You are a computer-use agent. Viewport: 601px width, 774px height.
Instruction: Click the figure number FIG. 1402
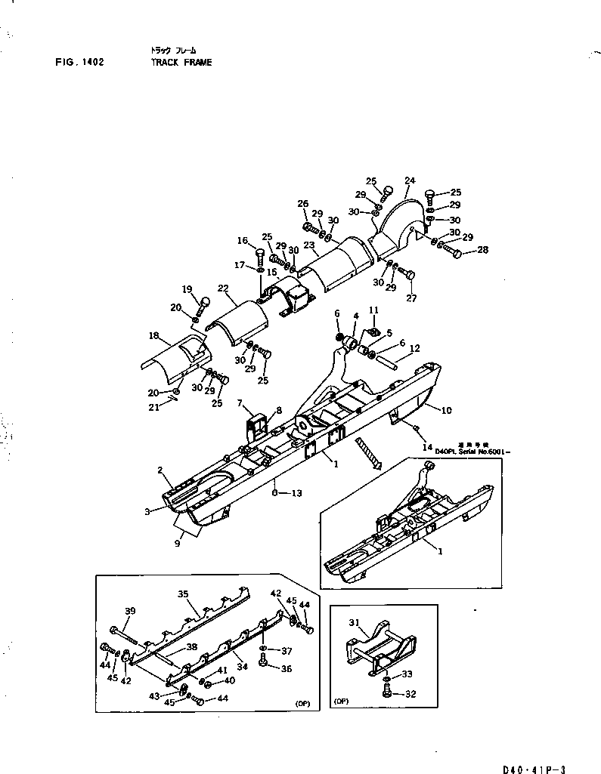(79, 63)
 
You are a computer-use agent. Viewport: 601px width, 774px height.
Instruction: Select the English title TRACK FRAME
(181, 63)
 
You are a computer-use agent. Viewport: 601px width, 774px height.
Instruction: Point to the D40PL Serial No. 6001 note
(472, 451)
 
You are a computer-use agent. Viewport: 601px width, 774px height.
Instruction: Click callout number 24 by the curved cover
(410, 180)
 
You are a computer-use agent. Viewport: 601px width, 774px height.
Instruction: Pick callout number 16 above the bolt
(243, 241)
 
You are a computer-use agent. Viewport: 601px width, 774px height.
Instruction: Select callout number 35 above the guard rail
(183, 594)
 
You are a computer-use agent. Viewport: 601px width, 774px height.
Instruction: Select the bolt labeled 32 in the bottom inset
(386, 693)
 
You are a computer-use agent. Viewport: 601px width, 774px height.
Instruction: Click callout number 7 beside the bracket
(239, 404)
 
